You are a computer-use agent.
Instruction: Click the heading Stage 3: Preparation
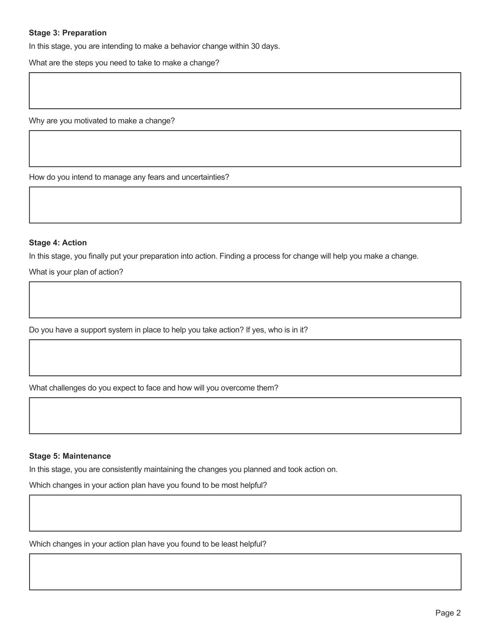pyautogui.click(x=68, y=33)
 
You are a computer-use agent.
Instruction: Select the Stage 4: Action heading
pyautogui.click(x=58, y=242)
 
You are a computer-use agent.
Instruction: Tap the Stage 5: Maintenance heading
pyautogui.click(x=70, y=456)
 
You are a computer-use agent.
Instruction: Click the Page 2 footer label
pyautogui.click(x=448, y=613)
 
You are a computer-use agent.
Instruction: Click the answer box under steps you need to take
pyautogui.click(x=245, y=91)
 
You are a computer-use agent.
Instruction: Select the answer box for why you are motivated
pyautogui.click(x=245, y=149)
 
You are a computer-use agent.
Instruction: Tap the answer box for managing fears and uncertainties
pyautogui.click(x=245, y=205)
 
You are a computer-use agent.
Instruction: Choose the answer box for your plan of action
pyautogui.click(x=245, y=300)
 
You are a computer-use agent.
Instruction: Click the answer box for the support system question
pyautogui.click(x=245, y=358)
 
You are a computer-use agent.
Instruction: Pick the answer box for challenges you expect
pyautogui.click(x=245, y=416)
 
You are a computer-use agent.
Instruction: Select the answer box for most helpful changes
pyautogui.click(x=245, y=513)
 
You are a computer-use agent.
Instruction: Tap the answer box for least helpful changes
pyautogui.click(x=245, y=572)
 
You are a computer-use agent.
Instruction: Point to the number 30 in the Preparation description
pyautogui.click(x=255, y=46)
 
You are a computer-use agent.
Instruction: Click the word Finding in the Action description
pyautogui.click(x=232, y=256)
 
